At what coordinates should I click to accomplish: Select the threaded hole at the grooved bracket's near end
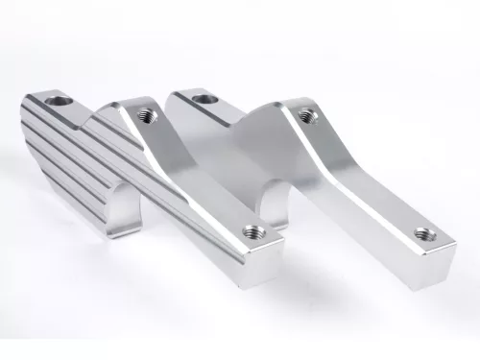(254, 230)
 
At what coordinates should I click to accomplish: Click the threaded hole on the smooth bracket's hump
(306, 116)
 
